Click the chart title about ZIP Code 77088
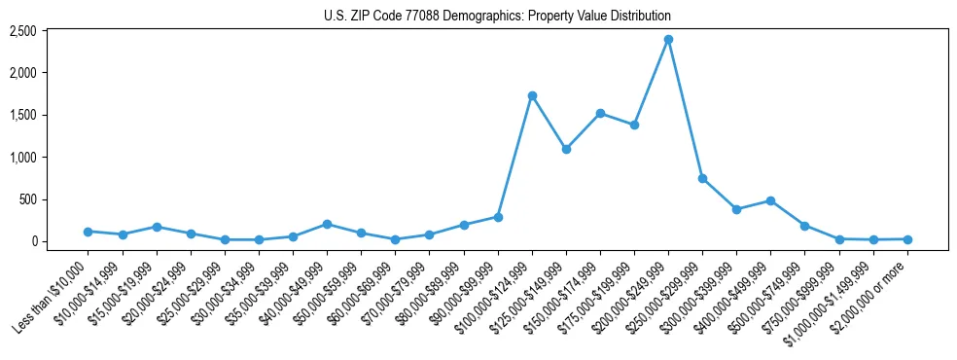497,17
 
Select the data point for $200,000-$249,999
668,40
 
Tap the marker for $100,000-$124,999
532,95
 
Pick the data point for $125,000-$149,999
566,149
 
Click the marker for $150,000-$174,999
600,113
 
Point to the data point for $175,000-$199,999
634,125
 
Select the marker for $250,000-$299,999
702,178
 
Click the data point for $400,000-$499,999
770,200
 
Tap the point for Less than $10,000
89,232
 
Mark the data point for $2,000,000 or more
907,238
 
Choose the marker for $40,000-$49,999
327,224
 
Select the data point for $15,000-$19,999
157,227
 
